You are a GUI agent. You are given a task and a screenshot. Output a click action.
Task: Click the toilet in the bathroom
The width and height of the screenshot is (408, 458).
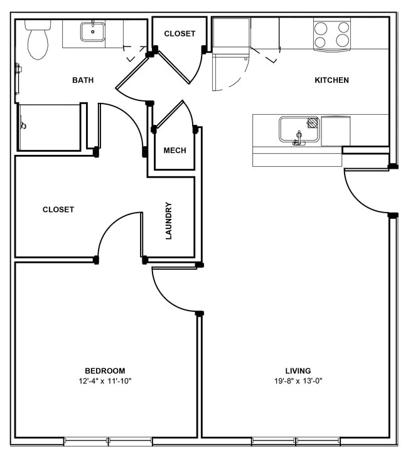pyautogui.click(x=38, y=40)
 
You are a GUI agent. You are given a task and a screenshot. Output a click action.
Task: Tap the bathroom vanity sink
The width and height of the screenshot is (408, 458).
pyautogui.click(x=93, y=32)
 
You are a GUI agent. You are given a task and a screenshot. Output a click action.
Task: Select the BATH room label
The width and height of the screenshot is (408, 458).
pyautogui.click(x=83, y=80)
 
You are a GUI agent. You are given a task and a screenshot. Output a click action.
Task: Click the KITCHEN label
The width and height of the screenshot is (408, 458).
pyautogui.click(x=331, y=80)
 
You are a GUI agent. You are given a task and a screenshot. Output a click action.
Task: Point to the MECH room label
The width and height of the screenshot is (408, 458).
pyautogui.click(x=174, y=151)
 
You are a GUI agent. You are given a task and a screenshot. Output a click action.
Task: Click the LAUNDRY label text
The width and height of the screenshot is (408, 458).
pyautogui.click(x=169, y=221)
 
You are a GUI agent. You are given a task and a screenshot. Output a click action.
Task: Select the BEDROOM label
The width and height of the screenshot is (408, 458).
pyautogui.click(x=105, y=371)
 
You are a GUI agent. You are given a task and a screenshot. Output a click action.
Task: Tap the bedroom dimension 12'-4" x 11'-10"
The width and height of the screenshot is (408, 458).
pyautogui.click(x=105, y=381)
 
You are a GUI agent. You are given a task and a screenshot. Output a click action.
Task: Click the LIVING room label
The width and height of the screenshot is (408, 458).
pyautogui.click(x=298, y=371)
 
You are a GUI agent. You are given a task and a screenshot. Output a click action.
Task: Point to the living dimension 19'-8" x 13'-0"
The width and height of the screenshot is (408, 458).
pyautogui.click(x=298, y=381)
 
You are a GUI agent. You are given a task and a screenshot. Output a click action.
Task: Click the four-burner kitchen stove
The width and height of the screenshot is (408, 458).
pyautogui.click(x=332, y=35)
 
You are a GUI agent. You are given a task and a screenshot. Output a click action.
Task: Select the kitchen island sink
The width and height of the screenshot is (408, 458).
pyautogui.click(x=299, y=129)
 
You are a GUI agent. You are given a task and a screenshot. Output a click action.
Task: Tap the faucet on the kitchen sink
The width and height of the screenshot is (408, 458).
pyautogui.click(x=299, y=139)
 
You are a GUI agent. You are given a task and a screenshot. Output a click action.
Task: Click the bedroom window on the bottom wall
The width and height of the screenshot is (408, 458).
pyautogui.click(x=108, y=441)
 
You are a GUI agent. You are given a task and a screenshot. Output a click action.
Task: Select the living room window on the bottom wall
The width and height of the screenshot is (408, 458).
pyautogui.click(x=296, y=441)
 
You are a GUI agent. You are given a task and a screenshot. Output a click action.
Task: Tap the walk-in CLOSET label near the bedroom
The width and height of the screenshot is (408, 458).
pyautogui.click(x=58, y=210)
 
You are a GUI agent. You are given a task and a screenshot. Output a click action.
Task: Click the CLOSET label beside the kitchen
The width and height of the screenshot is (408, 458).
pyautogui.click(x=180, y=34)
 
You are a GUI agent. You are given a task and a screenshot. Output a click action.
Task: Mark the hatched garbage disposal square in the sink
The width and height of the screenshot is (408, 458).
pyautogui.click(x=313, y=122)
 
